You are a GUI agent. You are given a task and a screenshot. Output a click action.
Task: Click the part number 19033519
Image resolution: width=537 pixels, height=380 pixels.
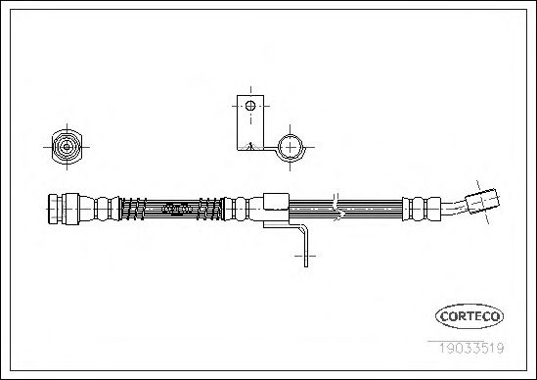tap(471, 348)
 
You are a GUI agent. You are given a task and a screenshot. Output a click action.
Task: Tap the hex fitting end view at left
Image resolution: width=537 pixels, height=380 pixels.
tap(67, 147)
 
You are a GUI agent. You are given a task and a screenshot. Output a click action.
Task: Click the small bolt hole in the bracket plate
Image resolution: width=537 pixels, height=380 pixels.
tap(250, 106)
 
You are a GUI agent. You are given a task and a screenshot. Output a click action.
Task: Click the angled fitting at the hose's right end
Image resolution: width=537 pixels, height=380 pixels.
tap(482, 201)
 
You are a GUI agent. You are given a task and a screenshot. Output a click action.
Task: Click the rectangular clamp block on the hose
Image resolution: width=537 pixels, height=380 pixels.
tap(276, 202)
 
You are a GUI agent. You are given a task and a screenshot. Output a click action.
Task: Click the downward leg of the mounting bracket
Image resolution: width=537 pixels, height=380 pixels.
tap(306, 245)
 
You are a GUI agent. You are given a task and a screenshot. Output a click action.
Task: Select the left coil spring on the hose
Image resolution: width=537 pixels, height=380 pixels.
tap(134, 209)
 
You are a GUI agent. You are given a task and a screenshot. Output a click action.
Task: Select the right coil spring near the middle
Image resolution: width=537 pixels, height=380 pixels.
tap(209, 209)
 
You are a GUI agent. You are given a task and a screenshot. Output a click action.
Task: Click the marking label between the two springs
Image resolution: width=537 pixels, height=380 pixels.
tap(176, 209)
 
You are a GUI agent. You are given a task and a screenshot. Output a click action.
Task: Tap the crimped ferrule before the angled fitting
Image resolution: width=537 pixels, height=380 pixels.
tap(422, 209)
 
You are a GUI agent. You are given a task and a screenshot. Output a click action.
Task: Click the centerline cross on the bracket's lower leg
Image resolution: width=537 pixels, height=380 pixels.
tap(305, 256)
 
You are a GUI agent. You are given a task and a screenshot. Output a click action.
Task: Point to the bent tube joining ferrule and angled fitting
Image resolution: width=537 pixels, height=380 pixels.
tap(453, 208)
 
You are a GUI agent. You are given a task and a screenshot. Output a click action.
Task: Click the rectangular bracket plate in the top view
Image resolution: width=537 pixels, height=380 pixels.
tap(250, 122)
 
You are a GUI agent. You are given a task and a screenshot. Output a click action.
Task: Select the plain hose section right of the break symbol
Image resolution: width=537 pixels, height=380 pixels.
tap(374, 209)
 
